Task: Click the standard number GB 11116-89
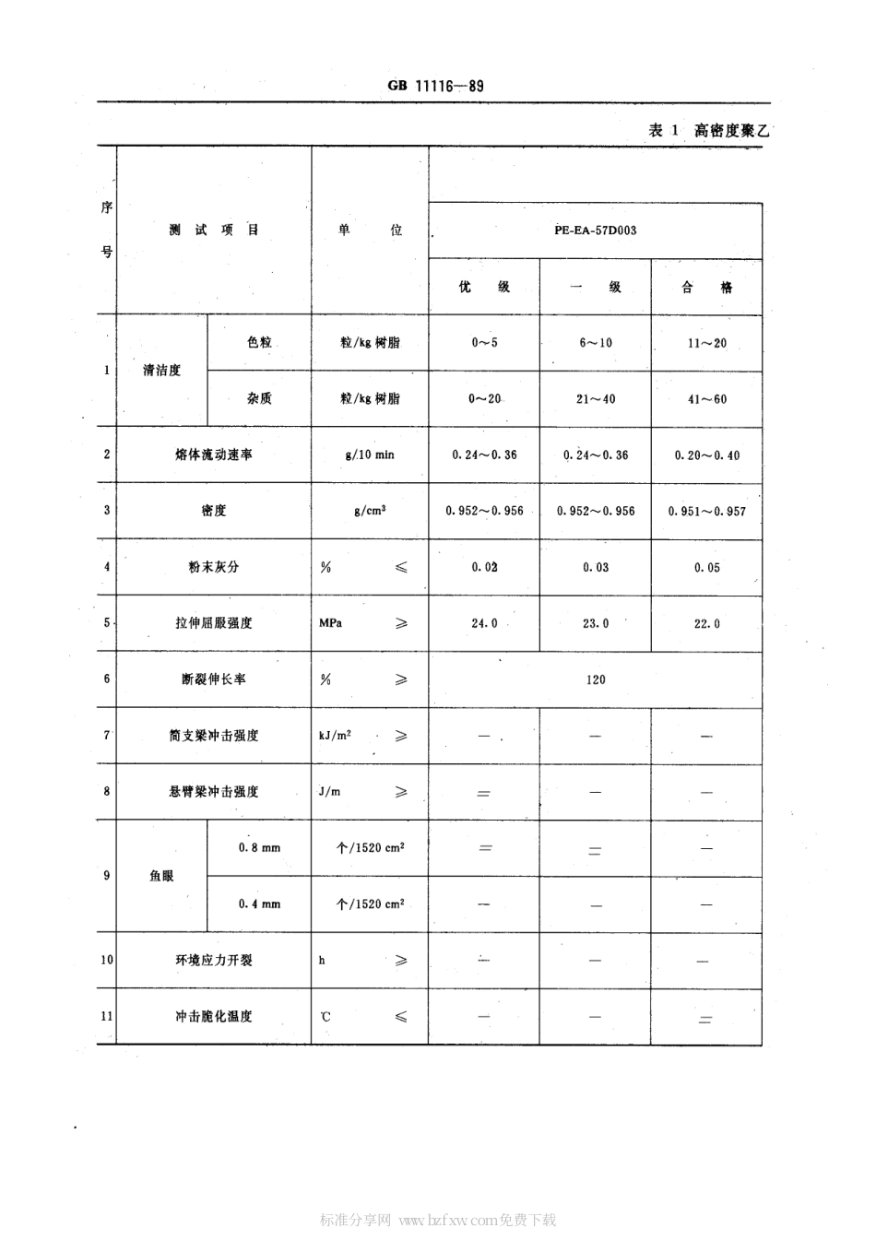435,86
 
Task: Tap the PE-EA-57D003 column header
595,230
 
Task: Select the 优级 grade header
484,287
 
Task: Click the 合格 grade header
706,288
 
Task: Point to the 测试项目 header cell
214,230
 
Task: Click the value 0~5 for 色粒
484,343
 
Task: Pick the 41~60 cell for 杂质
706,399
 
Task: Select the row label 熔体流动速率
214,455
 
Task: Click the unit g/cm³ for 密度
370,511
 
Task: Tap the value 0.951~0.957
706,511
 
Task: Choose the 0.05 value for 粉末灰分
706,568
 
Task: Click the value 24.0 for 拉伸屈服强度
484,623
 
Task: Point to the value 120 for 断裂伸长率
596,679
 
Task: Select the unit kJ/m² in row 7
335,736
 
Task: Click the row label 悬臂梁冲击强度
214,792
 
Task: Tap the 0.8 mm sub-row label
259,848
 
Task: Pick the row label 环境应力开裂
214,961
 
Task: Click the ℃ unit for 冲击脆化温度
326,1017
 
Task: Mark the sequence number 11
107,1016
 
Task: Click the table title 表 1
663,130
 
